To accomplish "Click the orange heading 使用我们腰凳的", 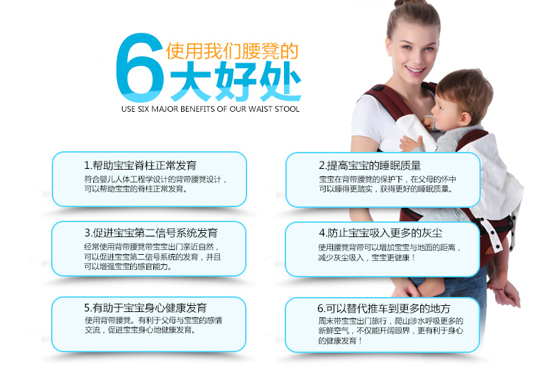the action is pyautogui.click(x=232, y=51).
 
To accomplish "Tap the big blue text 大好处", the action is pyautogui.click(x=236, y=82).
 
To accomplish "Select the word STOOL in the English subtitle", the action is pyautogui.click(x=287, y=109).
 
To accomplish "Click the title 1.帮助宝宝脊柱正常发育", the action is pyautogui.click(x=140, y=166).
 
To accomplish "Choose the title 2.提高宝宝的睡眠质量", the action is pyautogui.click(x=370, y=166).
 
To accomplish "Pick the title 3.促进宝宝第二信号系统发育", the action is pyautogui.click(x=151, y=233).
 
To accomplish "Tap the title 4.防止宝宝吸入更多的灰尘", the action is pyautogui.click(x=380, y=233).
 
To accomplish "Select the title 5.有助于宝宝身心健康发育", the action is pyautogui.click(x=146, y=308).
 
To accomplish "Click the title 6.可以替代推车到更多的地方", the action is pyautogui.click(x=383, y=309).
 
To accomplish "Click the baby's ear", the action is pyautogui.click(x=464, y=118).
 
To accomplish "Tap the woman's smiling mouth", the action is pyautogui.click(x=415, y=71).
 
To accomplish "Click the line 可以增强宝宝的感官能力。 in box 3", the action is pyautogui.click(x=127, y=267).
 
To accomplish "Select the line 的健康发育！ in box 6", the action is pyautogui.click(x=340, y=341).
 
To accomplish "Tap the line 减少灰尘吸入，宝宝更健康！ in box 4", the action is pyautogui.click(x=367, y=258).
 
